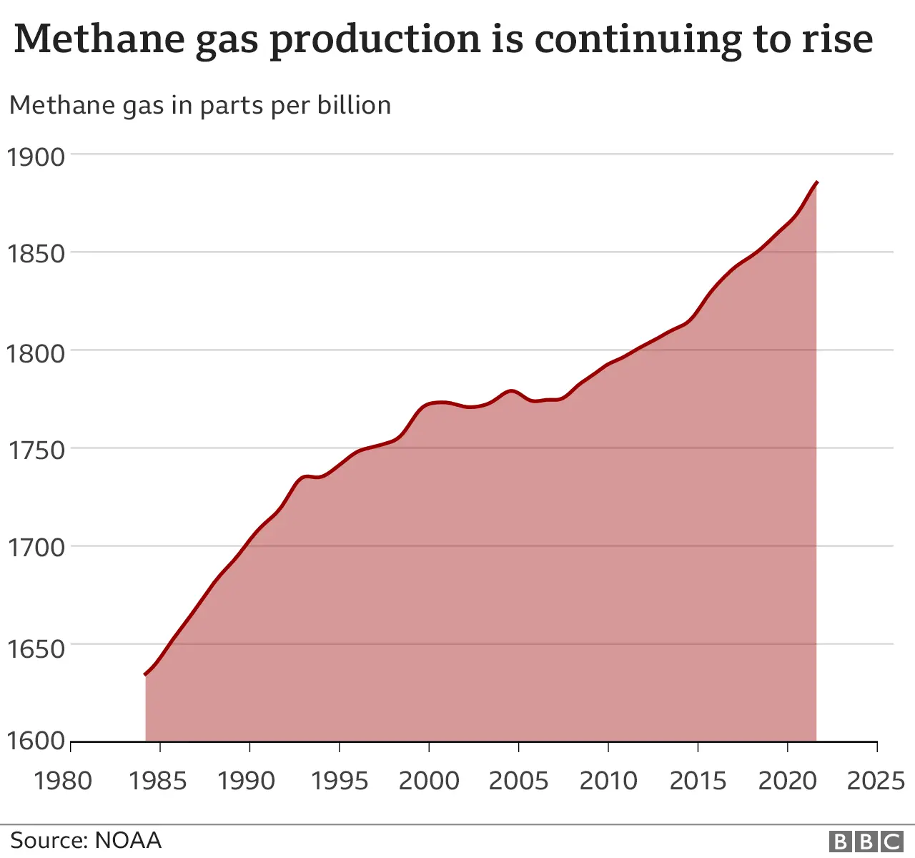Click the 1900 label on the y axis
point(36,157)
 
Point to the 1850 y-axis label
point(36,254)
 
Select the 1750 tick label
point(36,450)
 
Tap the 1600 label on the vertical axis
point(36,741)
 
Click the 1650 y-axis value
point(36,649)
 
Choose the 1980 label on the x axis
point(63,780)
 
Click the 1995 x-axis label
point(340,780)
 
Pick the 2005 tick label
point(518,780)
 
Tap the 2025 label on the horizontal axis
point(876,780)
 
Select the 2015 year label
point(698,780)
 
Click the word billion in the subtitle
point(354,105)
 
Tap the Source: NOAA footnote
point(86,840)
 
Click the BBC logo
point(866,842)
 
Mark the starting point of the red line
point(146,674)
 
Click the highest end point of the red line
point(817,182)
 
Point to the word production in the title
point(375,40)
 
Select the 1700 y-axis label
point(36,548)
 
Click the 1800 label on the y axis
point(36,352)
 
